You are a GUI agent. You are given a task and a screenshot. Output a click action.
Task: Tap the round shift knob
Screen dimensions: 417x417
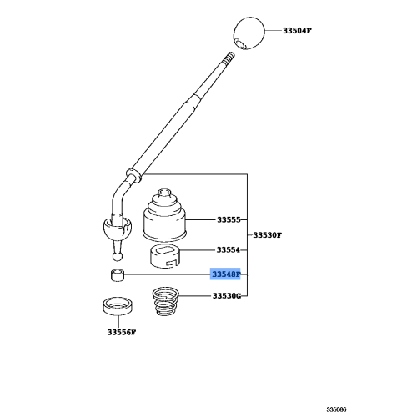[249, 33]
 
